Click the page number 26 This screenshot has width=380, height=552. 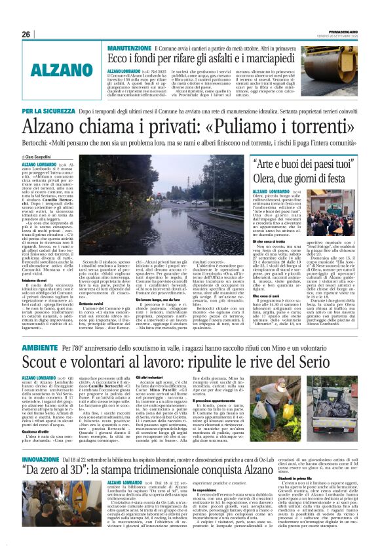coord(26,34)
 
